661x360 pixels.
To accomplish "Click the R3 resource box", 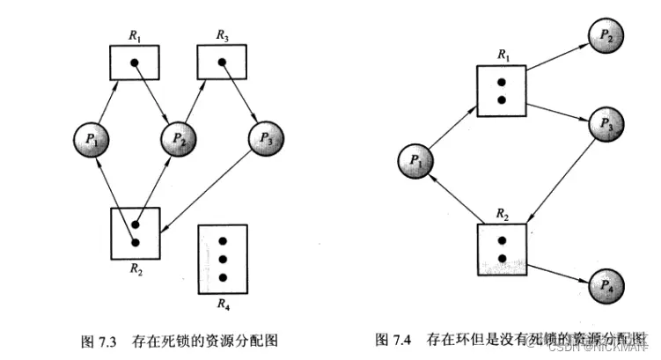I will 222,62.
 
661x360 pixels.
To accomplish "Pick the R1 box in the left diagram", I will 134,62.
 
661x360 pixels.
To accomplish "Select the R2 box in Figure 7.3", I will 135,231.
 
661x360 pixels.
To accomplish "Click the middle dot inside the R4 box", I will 223,259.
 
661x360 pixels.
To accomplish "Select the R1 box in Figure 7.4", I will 501,90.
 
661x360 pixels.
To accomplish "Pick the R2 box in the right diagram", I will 501,249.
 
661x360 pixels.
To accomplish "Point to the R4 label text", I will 223,305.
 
